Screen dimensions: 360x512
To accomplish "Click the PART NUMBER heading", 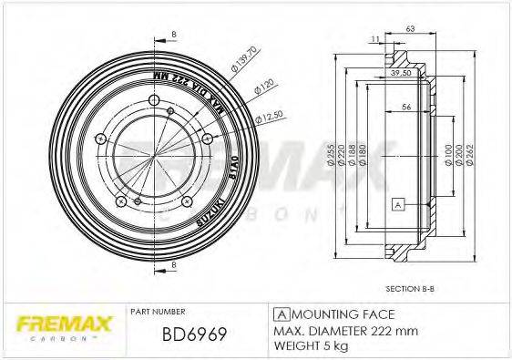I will coord(159,312).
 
